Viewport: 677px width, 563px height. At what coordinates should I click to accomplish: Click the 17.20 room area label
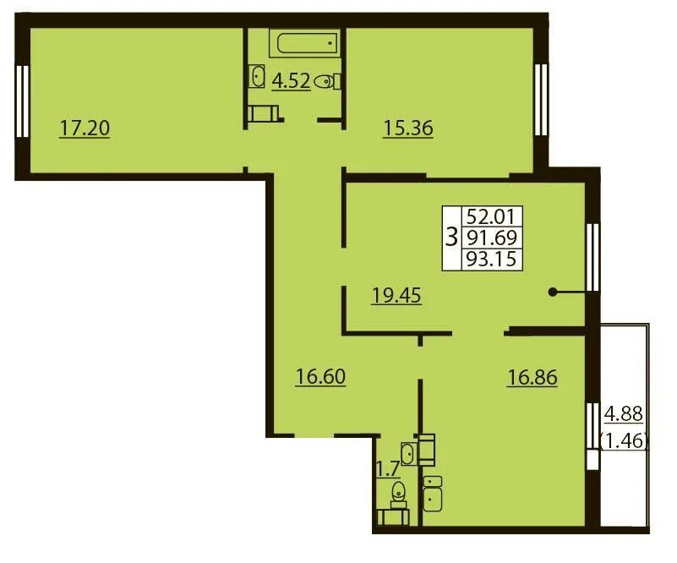click(85, 128)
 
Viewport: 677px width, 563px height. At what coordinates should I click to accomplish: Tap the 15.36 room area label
click(408, 128)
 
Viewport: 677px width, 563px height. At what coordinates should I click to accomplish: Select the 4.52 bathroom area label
click(291, 81)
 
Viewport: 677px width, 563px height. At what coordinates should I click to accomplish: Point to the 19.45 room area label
click(396, 296)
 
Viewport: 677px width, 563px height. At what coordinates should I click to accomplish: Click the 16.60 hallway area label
click(321, 376)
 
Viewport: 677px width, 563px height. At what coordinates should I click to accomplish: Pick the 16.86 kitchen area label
click(532, 377)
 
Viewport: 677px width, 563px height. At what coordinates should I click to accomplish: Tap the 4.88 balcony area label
click(624, 414)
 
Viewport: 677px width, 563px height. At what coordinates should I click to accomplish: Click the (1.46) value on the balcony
click(625, 440)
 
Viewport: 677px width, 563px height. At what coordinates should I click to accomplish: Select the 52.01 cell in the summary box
click(492, 216)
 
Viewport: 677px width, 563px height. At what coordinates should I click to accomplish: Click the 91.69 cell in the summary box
click(492, 238)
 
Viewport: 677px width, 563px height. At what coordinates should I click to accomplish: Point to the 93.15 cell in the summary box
click(492, 260)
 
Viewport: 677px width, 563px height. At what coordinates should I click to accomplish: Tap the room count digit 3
click(451, 238)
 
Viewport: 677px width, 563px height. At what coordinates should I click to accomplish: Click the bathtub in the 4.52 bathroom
click(305, 43)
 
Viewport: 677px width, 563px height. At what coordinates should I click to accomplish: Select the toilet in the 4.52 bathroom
click(327, 81)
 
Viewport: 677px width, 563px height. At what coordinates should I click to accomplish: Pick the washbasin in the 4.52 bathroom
click(257, 76)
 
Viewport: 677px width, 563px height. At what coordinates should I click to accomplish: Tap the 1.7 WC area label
click(388, 469)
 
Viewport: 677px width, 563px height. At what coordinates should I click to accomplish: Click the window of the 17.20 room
click(23, 101)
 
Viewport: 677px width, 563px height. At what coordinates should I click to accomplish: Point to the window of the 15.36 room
click(541, 100)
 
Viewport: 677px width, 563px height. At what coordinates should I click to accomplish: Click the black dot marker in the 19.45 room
click(552, 292)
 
